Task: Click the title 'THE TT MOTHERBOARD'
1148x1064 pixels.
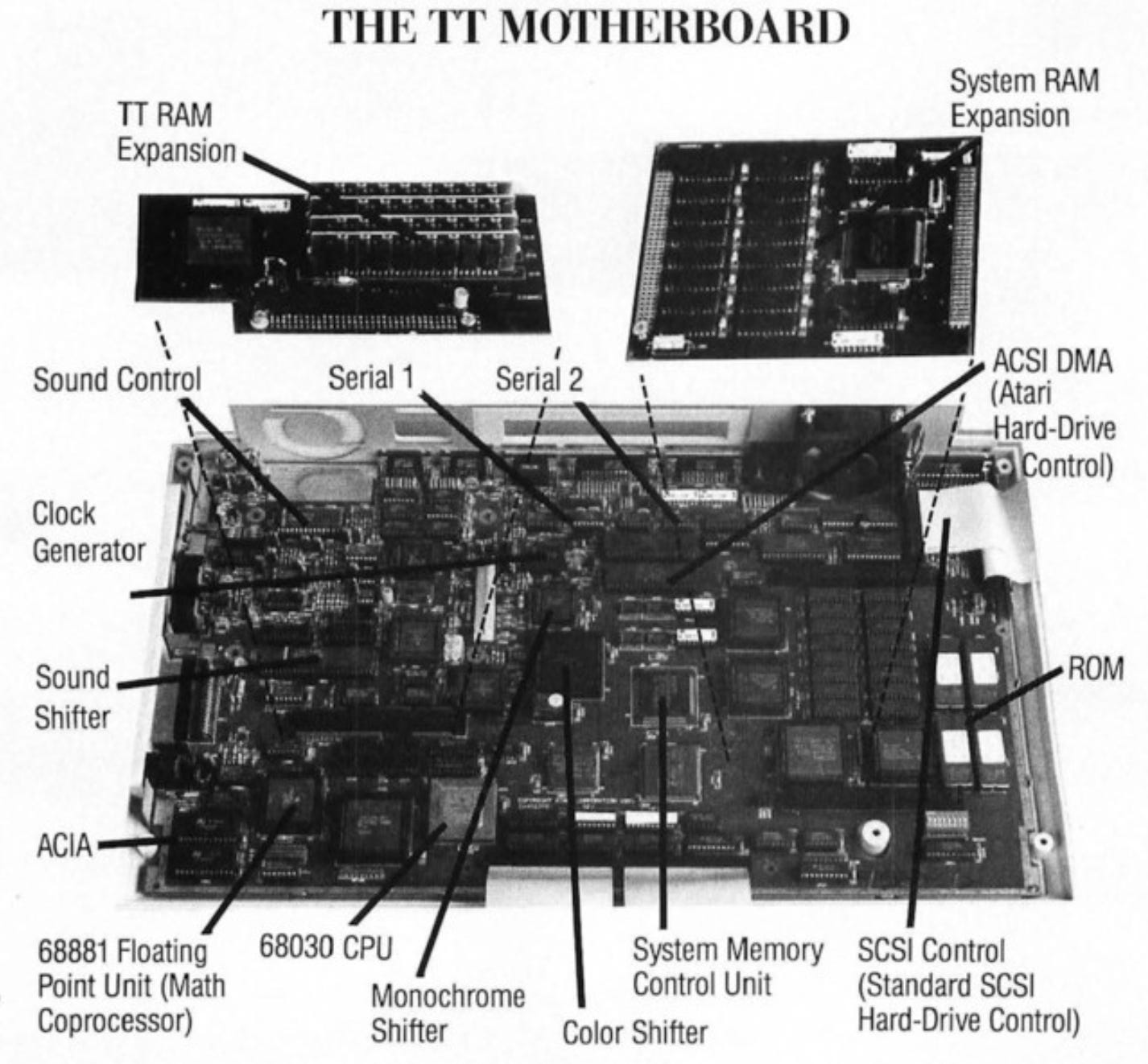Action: pos(585,28)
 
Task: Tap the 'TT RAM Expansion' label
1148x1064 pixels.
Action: pos(176,133)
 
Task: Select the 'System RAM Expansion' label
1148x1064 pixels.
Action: pos(1022,98)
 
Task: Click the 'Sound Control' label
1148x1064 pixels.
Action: pos(117,380)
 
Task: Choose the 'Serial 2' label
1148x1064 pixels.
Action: pos(538,378)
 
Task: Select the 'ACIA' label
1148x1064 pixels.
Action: pos(64,846)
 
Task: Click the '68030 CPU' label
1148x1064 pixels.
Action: pos(325,947)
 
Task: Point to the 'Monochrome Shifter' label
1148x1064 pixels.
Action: pos(447,1013)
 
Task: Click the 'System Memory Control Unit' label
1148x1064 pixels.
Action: pos(727,967)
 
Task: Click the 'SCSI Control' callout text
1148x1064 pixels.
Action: pos(966,986)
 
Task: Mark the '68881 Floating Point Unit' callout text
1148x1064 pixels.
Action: pos(130,986)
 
